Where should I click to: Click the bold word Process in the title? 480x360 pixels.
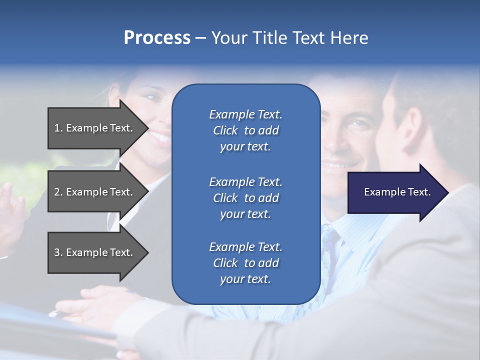[x=157, y=38]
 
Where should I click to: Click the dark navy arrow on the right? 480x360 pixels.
[x=395, y=192]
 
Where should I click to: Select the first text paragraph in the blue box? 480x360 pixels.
[x=245, y=130]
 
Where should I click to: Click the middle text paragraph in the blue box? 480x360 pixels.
[x=245, y=198]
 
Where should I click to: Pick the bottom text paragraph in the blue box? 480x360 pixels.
[x=245, y=263]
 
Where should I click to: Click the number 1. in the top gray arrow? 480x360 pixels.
[x=58, y=128]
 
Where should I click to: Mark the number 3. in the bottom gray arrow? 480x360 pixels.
[x=58, y=252]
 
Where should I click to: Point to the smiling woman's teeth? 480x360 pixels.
[x=159, y=135]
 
